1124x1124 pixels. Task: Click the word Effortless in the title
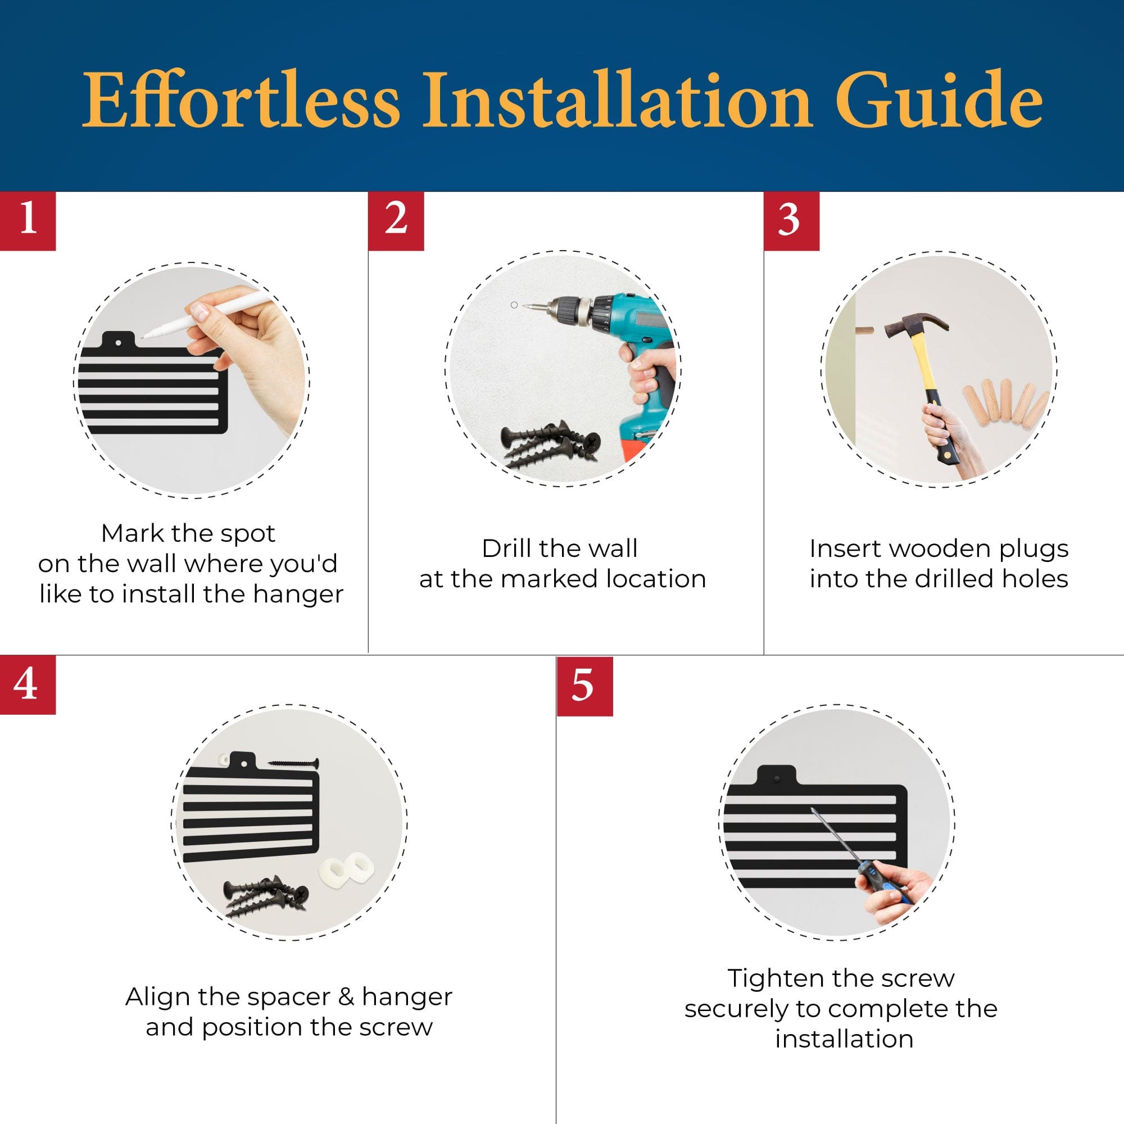[241, 99]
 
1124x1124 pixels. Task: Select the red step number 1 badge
[28, 220]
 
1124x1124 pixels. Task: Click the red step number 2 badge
[396, 220]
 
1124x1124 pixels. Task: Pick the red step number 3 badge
[791, 220]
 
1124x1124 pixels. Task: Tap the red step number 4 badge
[28, 684]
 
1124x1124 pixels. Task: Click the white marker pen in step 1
[203, 315]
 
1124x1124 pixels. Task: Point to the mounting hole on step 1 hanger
[119, 343]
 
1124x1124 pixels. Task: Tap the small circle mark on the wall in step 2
[514, 305]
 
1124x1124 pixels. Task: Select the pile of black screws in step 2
[550, 445]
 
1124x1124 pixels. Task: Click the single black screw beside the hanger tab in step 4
[293, 762]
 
